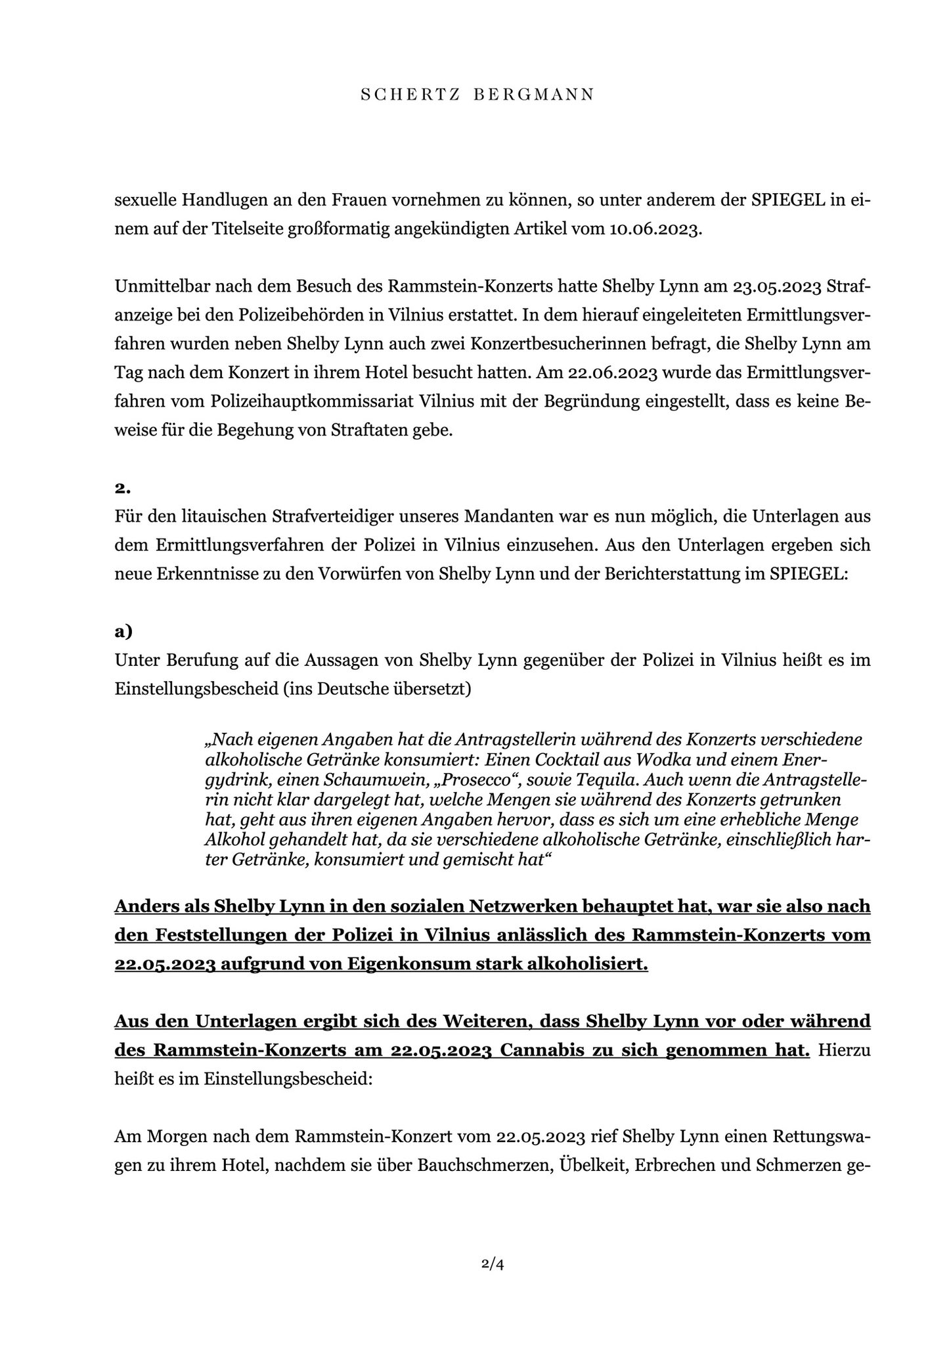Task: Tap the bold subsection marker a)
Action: [123, 632]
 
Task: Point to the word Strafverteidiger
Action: [342, 516]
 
